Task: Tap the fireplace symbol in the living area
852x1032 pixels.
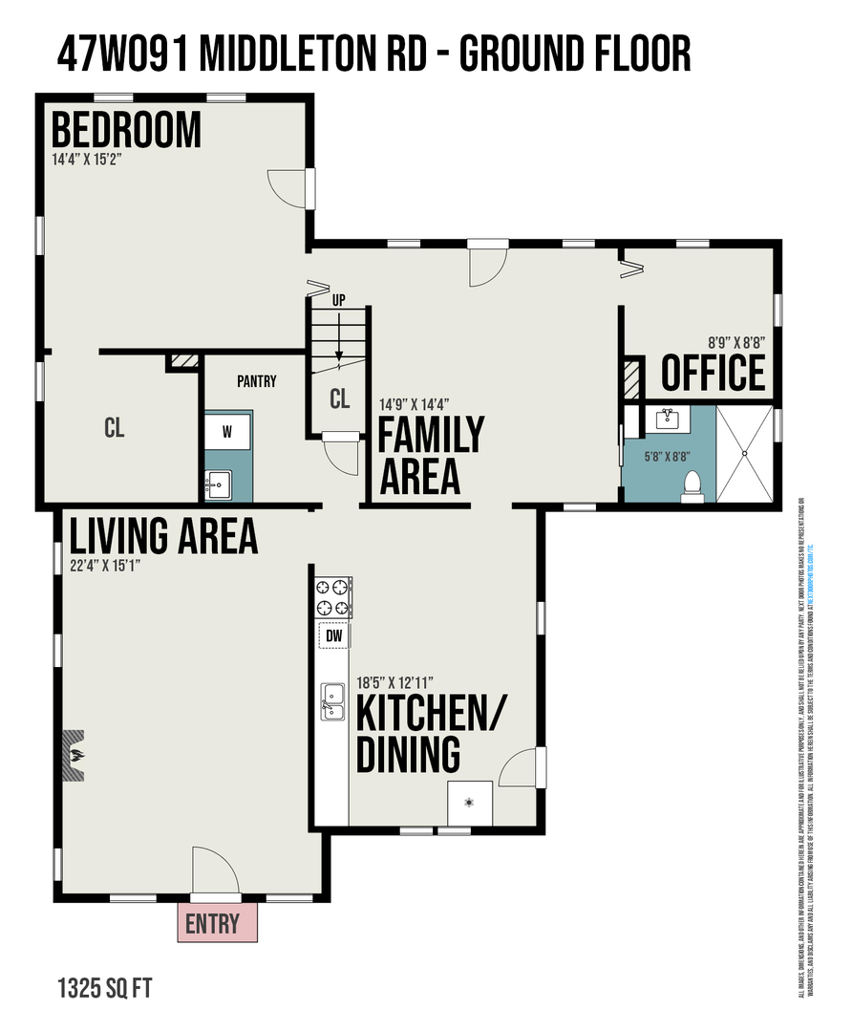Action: coord(75,757)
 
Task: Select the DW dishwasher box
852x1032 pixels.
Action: coord(333,635)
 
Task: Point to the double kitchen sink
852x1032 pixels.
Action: coord(333,701)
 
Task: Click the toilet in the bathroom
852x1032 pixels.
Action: coord(693,486)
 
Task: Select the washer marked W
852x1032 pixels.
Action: coord(227,432)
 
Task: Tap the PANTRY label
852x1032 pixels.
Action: coord(256,381)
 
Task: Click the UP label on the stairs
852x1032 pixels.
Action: coord(338,300)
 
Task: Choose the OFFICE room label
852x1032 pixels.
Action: coord(714,373)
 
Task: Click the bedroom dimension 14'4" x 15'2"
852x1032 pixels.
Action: coord(87,160)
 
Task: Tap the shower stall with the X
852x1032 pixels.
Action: coord(744,453)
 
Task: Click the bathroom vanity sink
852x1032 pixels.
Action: coord(668,419)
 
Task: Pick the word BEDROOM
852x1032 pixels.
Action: coord(126,130)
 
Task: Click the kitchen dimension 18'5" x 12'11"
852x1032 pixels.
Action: coord(395,683)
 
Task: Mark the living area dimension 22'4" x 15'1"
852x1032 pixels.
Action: coord(106,565)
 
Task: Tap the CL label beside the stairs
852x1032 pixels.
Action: coord(339,399)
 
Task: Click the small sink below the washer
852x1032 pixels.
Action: coord(219,484)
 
